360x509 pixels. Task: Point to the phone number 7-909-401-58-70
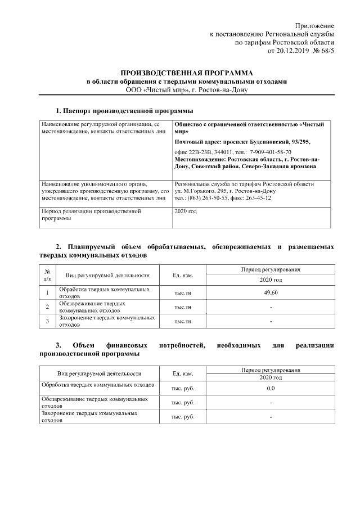[266, 152]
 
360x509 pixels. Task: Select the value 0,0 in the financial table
[271, 388]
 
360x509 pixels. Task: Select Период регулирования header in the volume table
[271, 269]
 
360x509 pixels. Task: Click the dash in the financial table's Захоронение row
[271, 417]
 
